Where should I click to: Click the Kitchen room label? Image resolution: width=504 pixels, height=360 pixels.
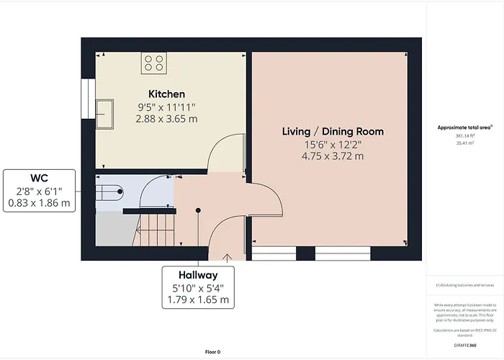[166, 94]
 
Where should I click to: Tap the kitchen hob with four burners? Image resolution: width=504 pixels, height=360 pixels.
[153, 63]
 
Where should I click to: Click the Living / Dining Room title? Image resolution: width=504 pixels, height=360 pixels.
[332, 132]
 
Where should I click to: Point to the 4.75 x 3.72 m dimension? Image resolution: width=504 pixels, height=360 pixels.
[332, 156]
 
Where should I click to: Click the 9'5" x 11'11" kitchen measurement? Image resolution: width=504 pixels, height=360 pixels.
[166, 107]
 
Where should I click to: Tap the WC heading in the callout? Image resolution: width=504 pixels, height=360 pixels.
[40, 177]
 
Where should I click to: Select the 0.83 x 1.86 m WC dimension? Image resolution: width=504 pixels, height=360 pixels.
[40, 204]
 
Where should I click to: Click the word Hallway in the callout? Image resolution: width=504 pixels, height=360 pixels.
[198, 275]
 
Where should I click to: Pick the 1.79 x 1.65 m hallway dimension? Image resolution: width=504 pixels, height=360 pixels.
[198, 300]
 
